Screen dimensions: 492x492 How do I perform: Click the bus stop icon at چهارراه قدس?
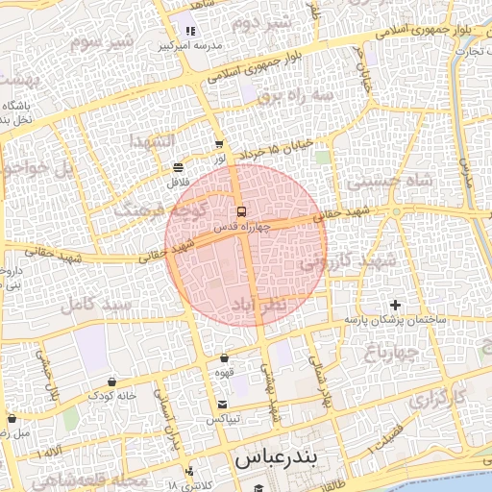[241, 210]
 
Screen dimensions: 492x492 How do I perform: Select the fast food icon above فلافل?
[179, 166]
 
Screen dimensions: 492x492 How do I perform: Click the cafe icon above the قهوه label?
[225, 357]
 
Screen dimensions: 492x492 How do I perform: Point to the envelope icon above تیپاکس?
[223, 405]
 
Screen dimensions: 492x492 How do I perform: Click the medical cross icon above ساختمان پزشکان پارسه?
[395, 305]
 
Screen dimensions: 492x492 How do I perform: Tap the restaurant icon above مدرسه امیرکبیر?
[190, 32]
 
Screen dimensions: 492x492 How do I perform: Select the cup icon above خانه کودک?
[112, 381]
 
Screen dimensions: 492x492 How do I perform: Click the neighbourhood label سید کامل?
[95, 306]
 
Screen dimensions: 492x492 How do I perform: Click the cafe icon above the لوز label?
[219, 144]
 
